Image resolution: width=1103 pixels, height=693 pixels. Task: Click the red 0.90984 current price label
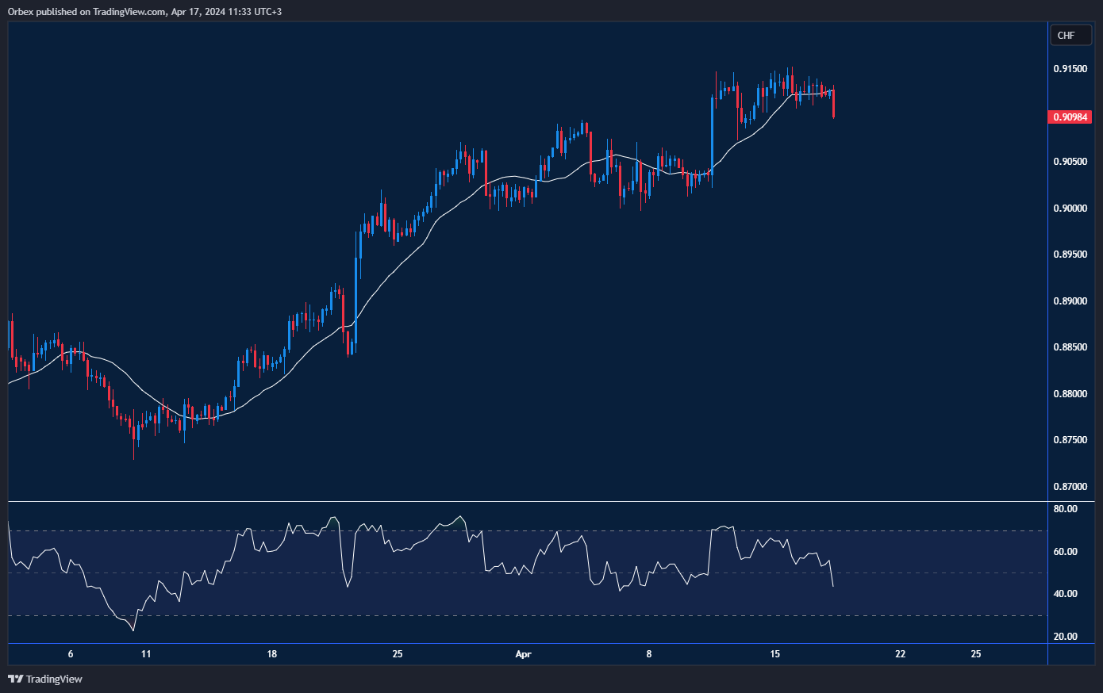(x=1070, y=117)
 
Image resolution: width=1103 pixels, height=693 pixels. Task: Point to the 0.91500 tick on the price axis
(x=1070, y=70)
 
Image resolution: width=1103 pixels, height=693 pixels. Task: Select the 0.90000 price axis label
(x=1070, y=209)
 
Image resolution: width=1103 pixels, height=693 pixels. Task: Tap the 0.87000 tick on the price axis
(x=1070, y=487)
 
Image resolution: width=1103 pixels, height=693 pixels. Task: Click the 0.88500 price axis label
(x=1070, y=347)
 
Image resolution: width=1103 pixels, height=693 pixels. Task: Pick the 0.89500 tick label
(x=1070, y=255)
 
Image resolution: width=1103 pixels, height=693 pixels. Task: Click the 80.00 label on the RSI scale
(x=1065, y=509)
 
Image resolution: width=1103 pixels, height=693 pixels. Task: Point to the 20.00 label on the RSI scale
(x=1065, y=637)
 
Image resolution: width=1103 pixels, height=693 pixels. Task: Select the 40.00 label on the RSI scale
(x=1065, y=594)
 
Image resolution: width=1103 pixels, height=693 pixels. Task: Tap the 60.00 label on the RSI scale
(x=1065, y=552)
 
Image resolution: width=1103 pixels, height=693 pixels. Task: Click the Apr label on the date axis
(x=523, y=654)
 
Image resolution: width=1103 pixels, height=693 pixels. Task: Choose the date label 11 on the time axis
(x=146, y=654)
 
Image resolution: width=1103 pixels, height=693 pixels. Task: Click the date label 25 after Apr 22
(x=976, y=654)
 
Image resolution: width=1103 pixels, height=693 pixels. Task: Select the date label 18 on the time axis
(x=272, y=654)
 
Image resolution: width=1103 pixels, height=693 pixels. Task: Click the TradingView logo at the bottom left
(x=45, y=679)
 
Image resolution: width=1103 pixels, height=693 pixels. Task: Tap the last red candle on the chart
(x=833, y=103)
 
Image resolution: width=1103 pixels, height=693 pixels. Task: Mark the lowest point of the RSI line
(x=133, y=630)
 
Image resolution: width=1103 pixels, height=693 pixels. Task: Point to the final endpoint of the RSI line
(x=832, y=586)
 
